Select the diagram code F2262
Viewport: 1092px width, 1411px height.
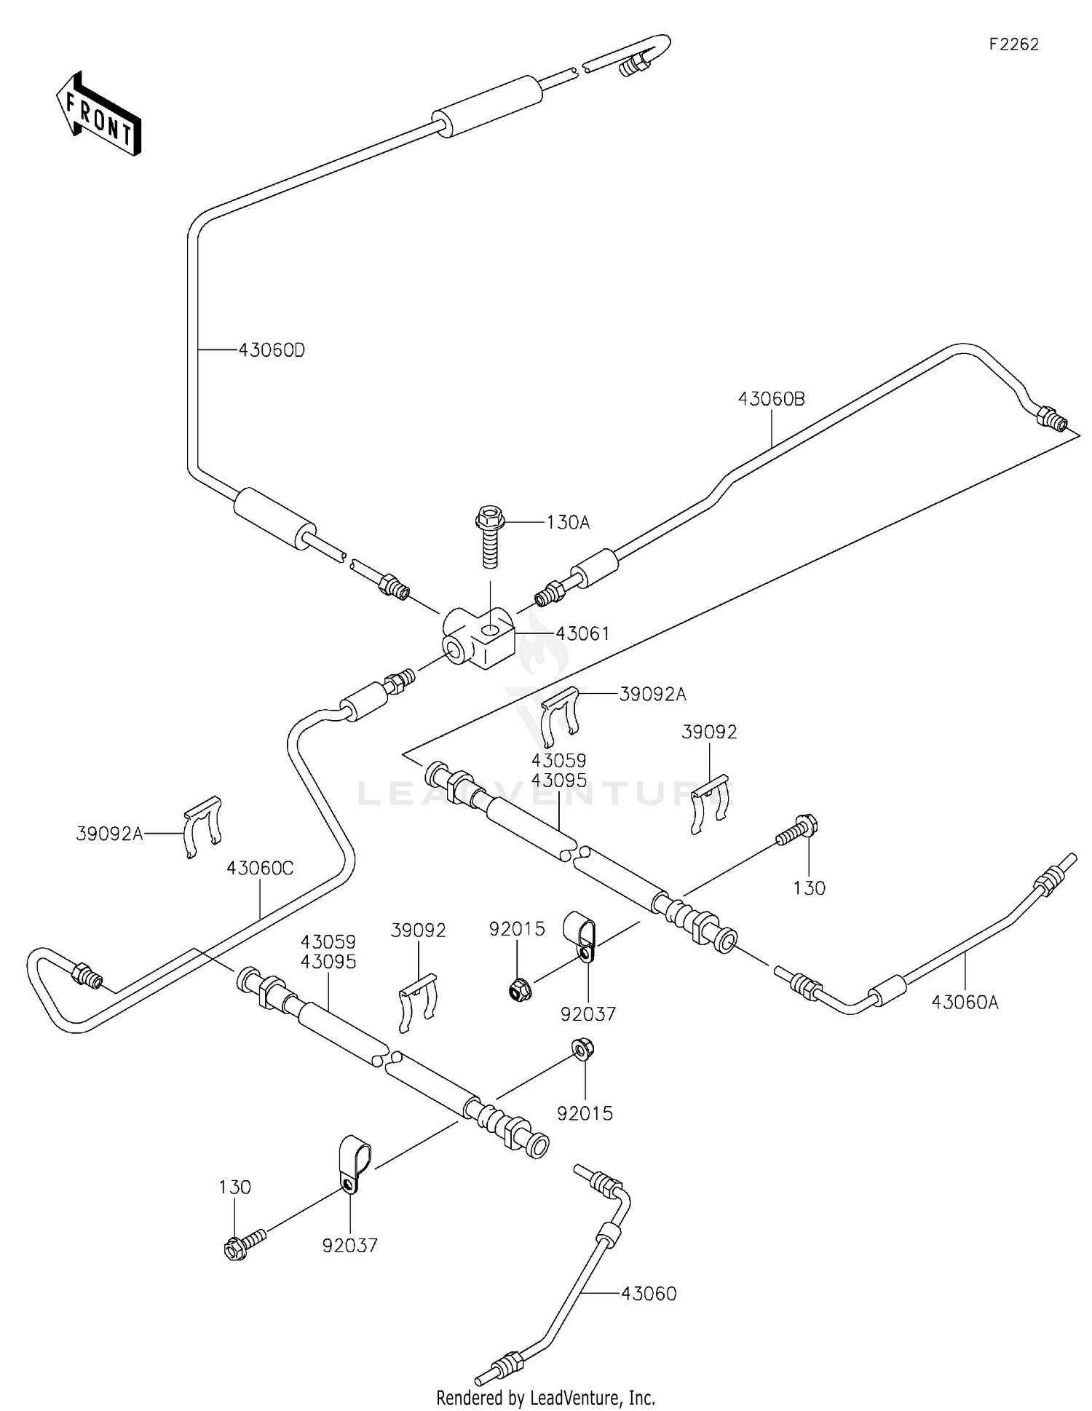[1013, 44]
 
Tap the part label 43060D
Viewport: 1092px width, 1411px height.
[272, 350]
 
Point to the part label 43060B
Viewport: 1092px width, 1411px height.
[771, 398]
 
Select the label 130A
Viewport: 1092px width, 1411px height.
[568, 522]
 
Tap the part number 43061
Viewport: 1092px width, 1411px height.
[582, 633]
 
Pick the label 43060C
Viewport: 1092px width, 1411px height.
[260, 868]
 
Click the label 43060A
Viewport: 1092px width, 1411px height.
[965, 1003]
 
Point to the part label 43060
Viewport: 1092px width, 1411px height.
[649, 1294]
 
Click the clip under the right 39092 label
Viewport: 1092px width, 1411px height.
[708, 805]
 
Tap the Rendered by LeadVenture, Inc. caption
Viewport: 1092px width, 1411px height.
[545, 1398]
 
